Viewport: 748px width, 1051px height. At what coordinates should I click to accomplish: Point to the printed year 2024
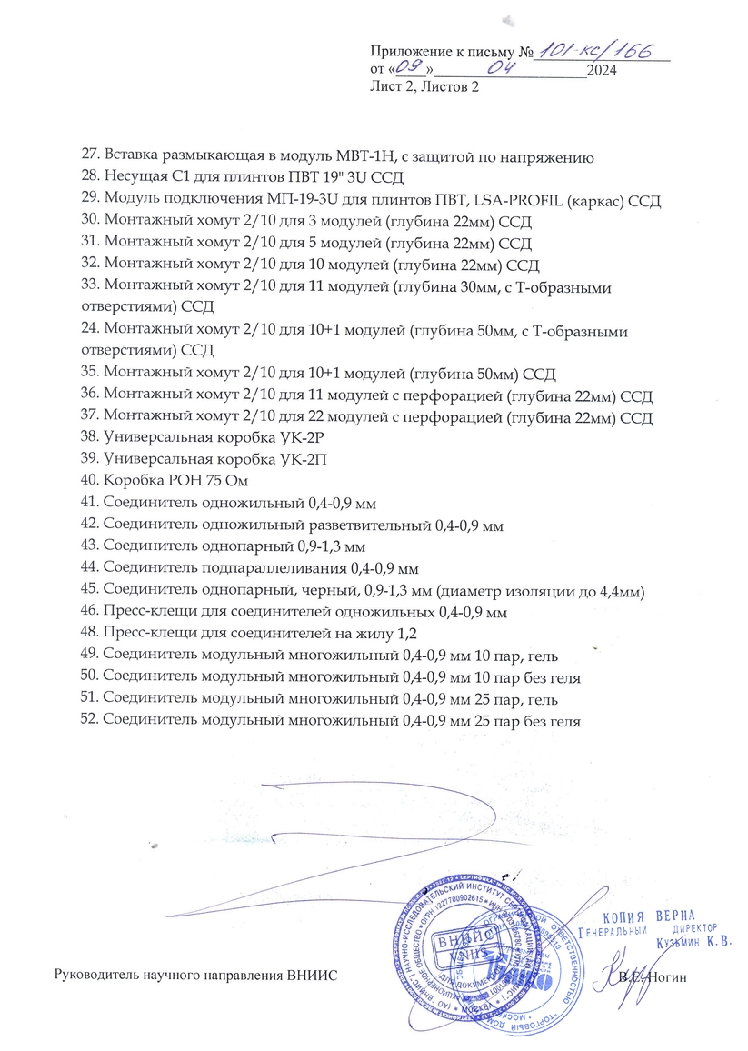[603, 70]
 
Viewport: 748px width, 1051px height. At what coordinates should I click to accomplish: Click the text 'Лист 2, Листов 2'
[424, 87]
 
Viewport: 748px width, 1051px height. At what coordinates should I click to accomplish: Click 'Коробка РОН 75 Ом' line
[175, 481]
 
